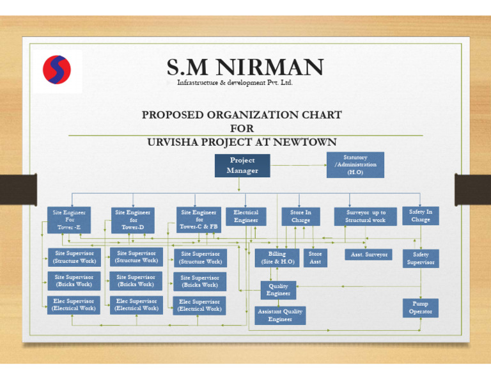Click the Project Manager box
[242, 165]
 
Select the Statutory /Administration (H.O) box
[355, 164]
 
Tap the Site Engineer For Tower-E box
[70, 219]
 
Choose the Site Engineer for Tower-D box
[133, 219]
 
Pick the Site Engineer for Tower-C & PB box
[199, 219]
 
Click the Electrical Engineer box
[245, 216]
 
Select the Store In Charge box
[300, 216]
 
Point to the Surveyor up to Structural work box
[366, 216]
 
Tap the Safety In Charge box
[421, 215]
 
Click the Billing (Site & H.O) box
[277, 258]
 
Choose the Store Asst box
[315, 258]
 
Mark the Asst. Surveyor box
[370, 255]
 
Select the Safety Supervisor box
[421, 258]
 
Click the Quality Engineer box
[278, 290]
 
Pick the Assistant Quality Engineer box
[280, 315]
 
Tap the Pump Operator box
[420, 308]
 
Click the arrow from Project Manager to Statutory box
[299, 165]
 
